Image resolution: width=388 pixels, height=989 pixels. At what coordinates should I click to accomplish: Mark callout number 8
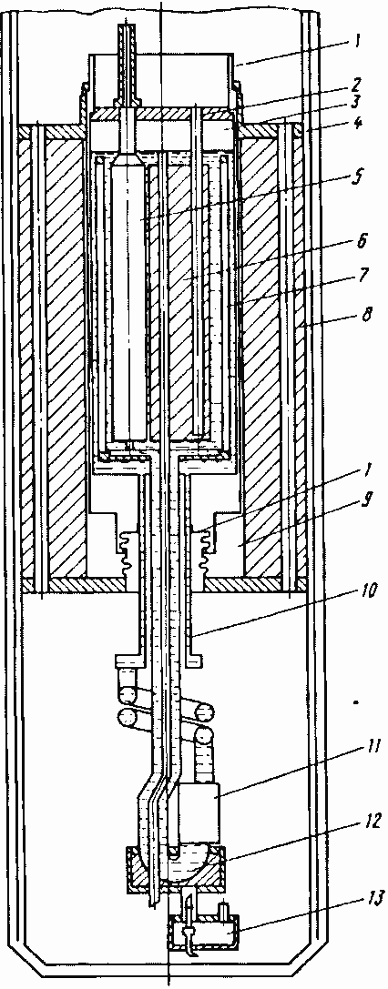click(x=364, y=314)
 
